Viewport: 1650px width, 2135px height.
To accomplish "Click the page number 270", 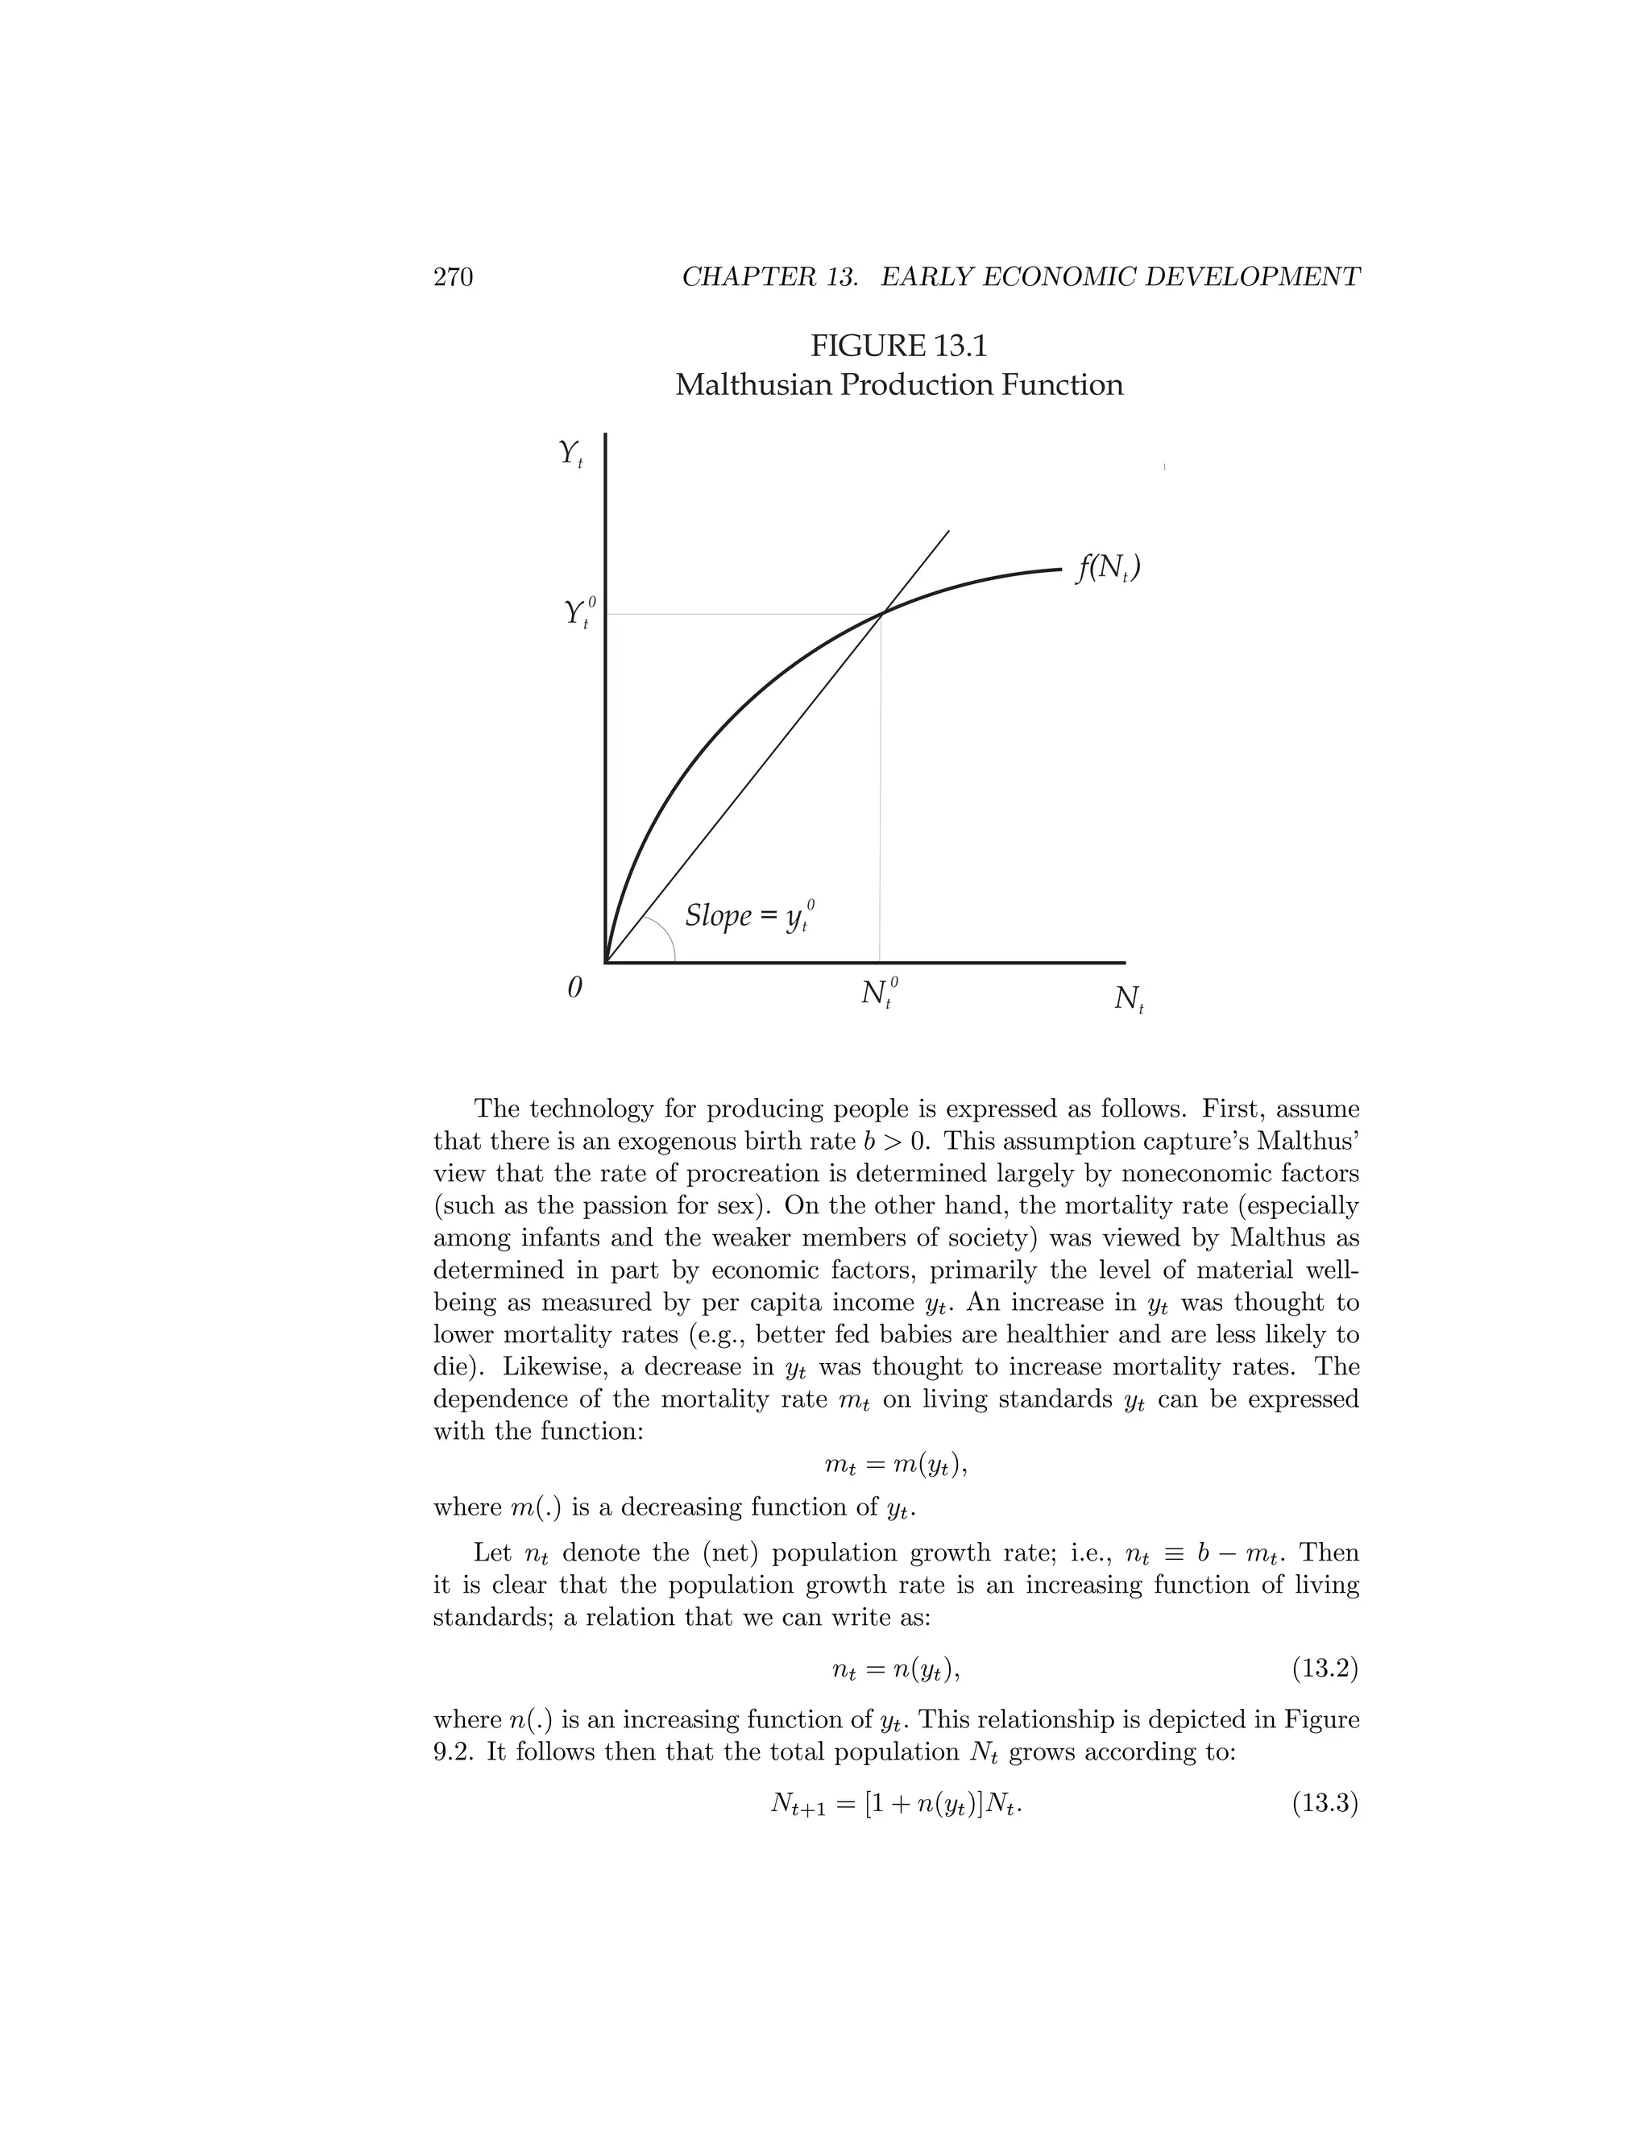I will (453, 278).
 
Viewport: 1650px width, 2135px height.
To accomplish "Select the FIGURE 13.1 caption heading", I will (898, 346).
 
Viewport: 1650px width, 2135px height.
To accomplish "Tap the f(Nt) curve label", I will (1108, 568).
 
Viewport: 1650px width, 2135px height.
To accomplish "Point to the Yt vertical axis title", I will (570, 454).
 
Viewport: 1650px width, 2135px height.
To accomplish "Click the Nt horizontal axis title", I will (1129, 999).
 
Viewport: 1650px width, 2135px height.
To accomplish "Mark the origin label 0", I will (574, 989).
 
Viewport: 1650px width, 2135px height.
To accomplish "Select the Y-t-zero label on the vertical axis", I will (578, 613).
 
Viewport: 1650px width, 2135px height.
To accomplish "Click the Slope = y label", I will (748, 916).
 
